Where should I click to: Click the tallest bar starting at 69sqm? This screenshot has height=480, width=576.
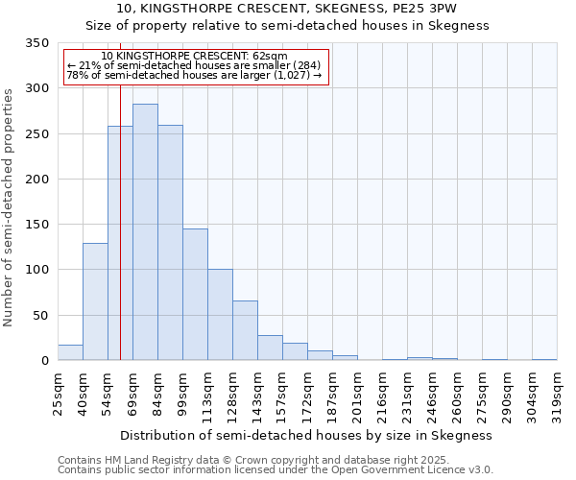coord(145,232)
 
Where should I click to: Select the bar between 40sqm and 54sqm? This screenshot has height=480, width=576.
coord(95,301)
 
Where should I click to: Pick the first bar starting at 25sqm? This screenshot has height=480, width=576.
coord(70,352)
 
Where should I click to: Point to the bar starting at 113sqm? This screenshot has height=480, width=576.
coord(220,315)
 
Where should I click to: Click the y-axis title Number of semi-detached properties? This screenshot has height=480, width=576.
coord(9,206)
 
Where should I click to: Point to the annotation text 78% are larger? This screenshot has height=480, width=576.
coord(196,76)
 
